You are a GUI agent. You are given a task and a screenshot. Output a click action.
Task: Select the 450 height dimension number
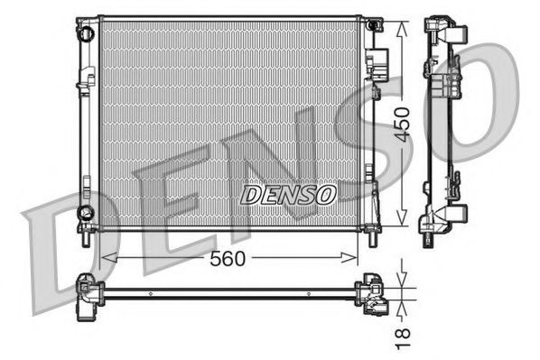[x=403, y=122]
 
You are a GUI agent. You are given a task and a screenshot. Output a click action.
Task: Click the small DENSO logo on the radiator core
[x=288, y=193]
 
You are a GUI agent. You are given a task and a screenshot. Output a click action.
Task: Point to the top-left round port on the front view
[x=86, y=34]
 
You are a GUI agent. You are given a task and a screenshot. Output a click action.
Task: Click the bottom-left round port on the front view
[x=86, y=213]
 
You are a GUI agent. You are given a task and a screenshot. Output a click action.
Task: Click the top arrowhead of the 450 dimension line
[x=403, y=22]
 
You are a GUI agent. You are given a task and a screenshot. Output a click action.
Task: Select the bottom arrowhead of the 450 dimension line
[x=403, y=222]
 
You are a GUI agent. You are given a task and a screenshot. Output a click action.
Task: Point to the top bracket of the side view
[x=448, y=31]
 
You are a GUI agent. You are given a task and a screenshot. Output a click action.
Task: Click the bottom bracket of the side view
[x=448, y=217]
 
